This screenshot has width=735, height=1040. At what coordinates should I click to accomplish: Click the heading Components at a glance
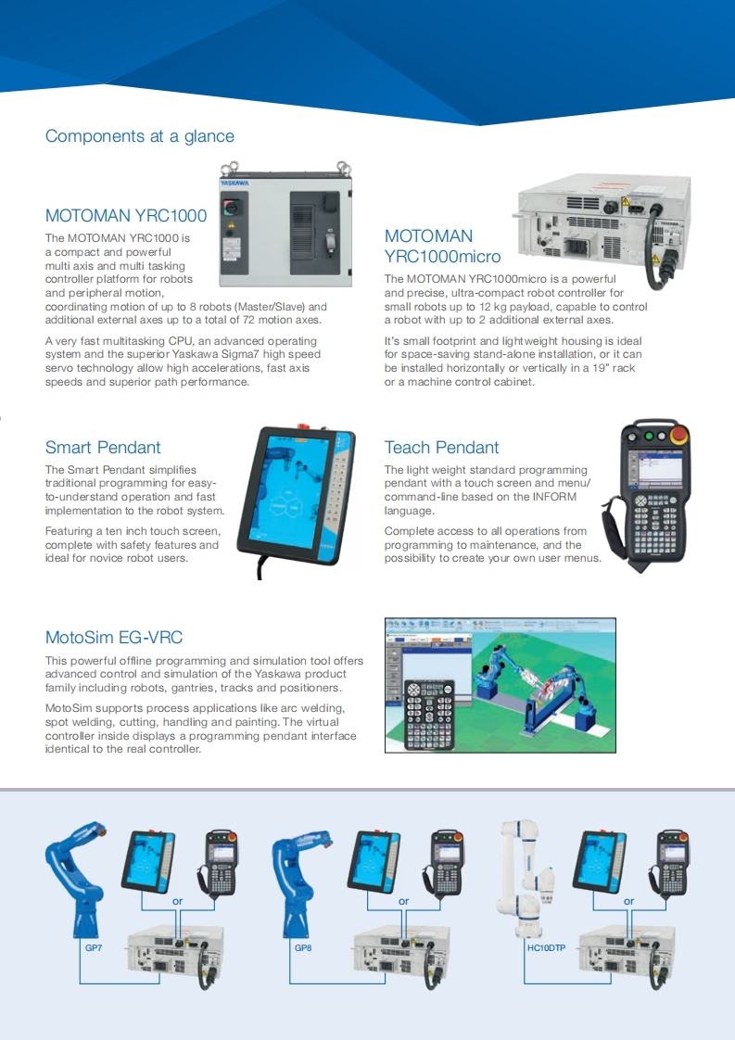[x=140, y=136]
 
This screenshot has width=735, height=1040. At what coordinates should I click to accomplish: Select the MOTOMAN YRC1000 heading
[x=126, y=216]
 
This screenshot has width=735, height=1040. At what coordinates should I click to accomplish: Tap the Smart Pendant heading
[x=103, y=448]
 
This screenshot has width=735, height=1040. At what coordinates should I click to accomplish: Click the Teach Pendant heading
[x=441, y=448]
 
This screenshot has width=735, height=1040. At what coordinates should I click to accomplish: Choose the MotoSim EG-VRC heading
[x=114, y=638]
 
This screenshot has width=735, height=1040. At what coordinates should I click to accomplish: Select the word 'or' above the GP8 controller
[x=403, y=901]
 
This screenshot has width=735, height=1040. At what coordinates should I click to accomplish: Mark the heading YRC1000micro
[x=442, y=257]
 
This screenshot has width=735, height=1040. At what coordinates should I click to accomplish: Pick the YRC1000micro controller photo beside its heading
[x=602, y=222]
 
